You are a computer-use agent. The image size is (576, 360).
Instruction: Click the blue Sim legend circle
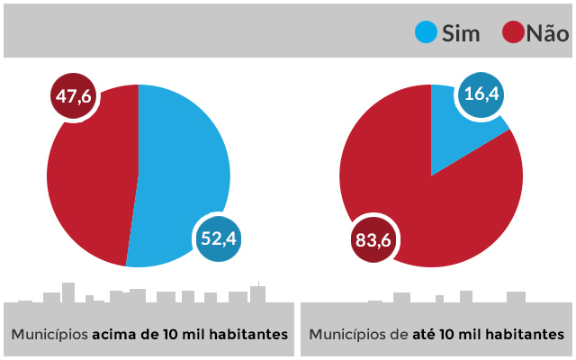[x=426, y=33]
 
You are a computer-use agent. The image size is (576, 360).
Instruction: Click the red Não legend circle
[x=513, y=33]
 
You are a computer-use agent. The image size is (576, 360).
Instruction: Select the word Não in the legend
[x=547, y=34]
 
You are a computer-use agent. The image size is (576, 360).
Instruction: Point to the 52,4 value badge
[x=219, y=239]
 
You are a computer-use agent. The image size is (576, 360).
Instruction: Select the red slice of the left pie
[x=90, y=180]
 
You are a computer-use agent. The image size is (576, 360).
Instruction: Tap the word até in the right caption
[x=425, y=334]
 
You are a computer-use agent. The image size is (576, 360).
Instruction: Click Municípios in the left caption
[x=49, y=334]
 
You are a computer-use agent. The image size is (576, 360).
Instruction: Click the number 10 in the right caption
[x=452, y=334]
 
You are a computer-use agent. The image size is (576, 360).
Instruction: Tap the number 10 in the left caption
[x=171, y=334]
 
